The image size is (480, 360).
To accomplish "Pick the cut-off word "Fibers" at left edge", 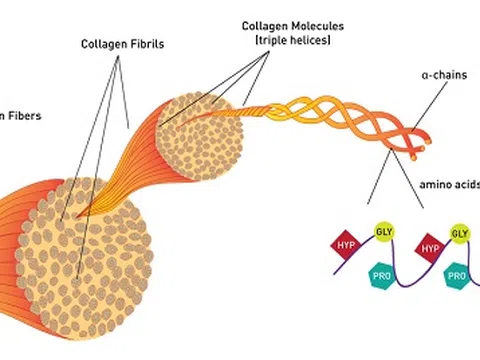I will click(x=21, y=115).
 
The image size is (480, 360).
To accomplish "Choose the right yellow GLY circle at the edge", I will click(x=461, y=234).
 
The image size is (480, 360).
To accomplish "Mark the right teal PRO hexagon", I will click(x=458, y=274).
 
